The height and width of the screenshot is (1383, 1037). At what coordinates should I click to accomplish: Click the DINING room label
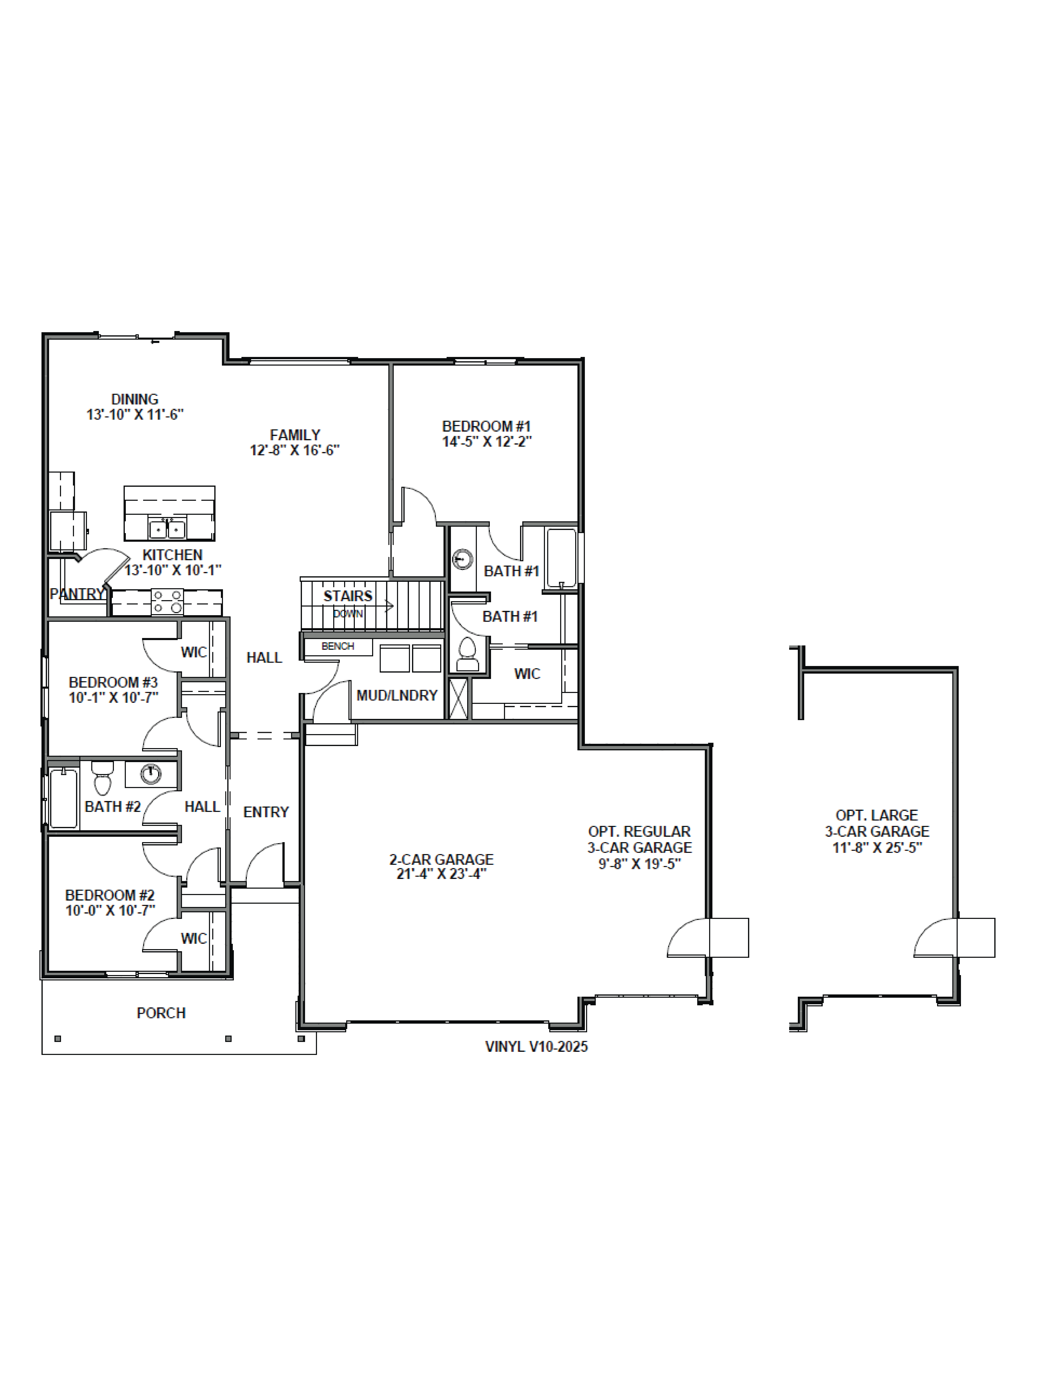[x=134, y=399]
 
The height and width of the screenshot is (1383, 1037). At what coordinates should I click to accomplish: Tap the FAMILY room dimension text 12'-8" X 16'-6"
[x=294, y=450]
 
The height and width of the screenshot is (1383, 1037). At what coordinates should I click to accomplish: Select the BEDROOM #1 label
[x=486, y=426]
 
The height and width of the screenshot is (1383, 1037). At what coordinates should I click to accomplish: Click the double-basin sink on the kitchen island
[x=167, y=529]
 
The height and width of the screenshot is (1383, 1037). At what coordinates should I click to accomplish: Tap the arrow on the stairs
[x=389, y=605]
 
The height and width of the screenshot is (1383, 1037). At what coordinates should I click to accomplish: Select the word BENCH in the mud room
[x=338, y=646]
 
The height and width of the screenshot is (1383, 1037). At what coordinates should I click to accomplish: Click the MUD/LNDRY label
[x=397, y=695]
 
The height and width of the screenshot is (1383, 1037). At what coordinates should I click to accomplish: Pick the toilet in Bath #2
[x=102, y=778]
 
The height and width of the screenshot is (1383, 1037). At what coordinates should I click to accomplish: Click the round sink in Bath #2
[x=150, y=774]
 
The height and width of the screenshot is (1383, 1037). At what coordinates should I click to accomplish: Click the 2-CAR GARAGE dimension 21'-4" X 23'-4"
[x=441, y=874]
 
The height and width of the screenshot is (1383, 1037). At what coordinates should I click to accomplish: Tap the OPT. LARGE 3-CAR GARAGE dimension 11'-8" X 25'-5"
[x=877, y=848]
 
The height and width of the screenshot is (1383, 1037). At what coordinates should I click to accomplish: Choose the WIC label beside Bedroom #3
[x=193, y=653]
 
